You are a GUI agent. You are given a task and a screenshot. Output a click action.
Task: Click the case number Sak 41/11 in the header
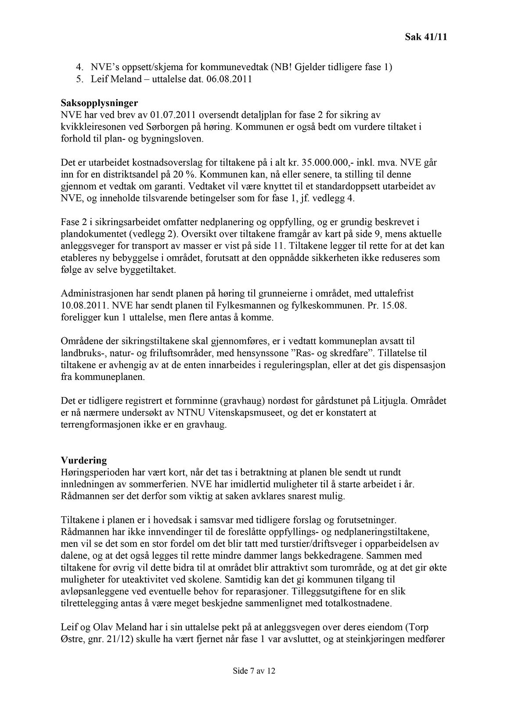click(x=425, y=37)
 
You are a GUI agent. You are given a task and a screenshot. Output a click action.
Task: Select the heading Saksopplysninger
click(x=99, y=104)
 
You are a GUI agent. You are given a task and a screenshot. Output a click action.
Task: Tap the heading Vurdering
click(x=84, y=461)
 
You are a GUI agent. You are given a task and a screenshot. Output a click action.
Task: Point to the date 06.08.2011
click(x=229, y=80)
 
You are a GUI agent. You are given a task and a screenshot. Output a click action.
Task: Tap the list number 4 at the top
click(x=79, y=68)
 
